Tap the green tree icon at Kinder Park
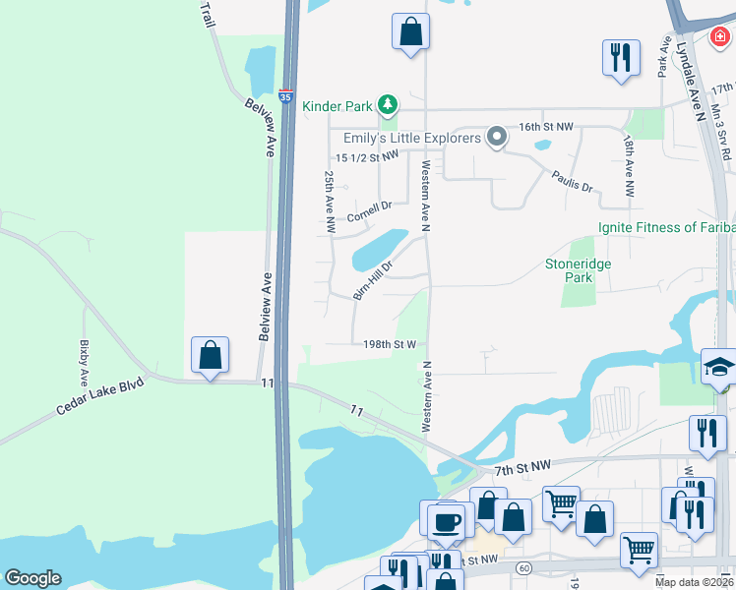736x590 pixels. point(389,104)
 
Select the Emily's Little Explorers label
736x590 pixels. point(412,138)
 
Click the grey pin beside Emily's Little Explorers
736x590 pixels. point(498,137)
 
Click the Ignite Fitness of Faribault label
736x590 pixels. point(666,228)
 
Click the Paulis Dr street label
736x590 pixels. point(572,181)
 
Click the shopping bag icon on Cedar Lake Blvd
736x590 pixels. point(211,355)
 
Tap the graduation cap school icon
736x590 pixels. point(719,368)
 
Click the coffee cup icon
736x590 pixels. point(446,521)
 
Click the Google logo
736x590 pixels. point(32,578)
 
